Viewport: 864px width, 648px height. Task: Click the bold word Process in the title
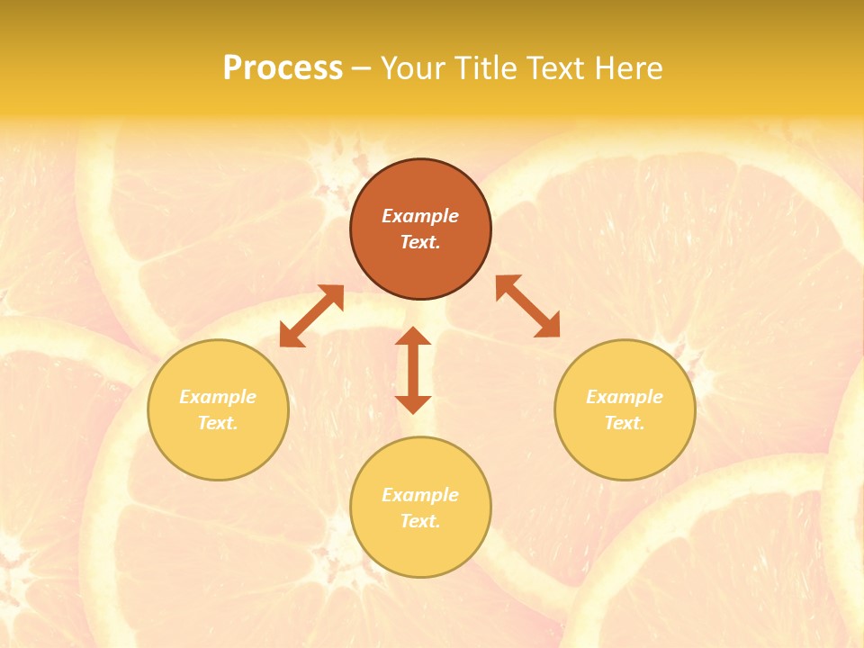click(283, 68)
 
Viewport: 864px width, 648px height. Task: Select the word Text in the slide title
click(554, 68)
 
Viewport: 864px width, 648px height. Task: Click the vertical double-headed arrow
click(413, 370)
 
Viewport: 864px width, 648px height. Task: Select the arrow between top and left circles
click(311, 316)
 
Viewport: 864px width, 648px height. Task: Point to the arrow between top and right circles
click(528, 306)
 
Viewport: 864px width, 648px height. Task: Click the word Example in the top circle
click(420, 216)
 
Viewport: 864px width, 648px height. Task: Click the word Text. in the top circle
click(420, 242)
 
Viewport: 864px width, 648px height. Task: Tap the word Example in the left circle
click(218, 397)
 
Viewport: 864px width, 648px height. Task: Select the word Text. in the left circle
click(218, 423)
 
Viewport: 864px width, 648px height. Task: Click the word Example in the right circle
click(625, 397)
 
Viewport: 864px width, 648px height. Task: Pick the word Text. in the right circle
click(625, 423)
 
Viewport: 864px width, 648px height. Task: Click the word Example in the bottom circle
click(420, 495)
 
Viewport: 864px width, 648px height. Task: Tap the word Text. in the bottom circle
click(420, 521)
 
